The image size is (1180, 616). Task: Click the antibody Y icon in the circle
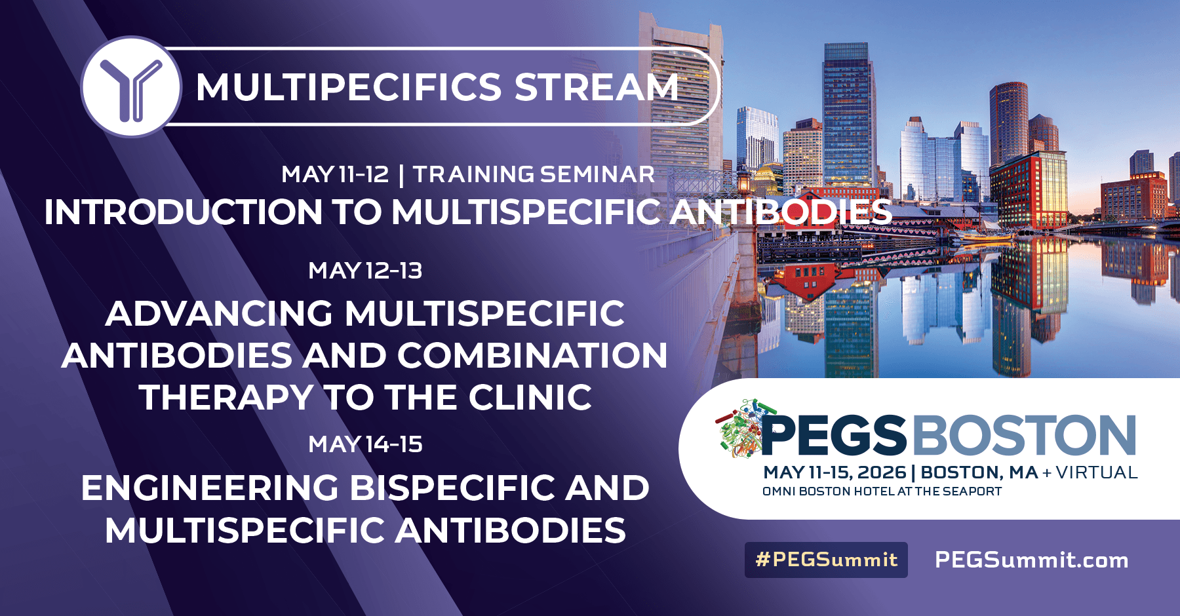click(131, 87)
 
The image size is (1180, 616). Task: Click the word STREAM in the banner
click(596, 87)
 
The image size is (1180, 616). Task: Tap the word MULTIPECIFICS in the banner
click(348, 87)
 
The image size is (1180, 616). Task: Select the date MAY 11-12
click(335, 174)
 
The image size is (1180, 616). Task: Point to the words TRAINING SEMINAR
click(534, 174)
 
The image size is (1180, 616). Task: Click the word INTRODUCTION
click(183, 212)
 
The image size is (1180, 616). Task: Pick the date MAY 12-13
click(365, 271)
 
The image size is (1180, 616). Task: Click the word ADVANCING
click(219, 313)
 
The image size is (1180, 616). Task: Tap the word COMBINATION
click(532, 356)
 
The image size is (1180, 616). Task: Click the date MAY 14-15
click(365, 444)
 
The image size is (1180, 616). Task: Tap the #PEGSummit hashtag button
click(826, 560)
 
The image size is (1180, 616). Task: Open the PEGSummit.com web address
click(1031, 560)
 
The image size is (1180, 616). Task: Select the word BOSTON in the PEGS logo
click(1024, 435)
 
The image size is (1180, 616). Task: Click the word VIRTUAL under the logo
click(1096, 472)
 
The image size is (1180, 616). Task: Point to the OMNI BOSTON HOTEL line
click(882, 491)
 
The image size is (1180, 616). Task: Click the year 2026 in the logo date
click(881, 472)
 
